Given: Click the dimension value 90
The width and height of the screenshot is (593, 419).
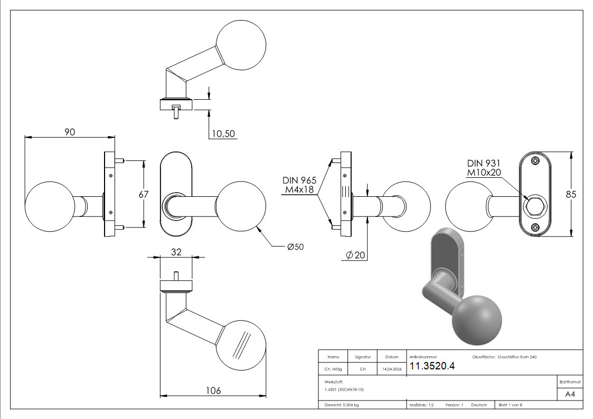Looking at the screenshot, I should [69, 132].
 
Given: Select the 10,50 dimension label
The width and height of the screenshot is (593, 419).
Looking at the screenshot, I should [223, 134].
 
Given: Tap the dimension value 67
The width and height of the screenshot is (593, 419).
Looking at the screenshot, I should [144, 194].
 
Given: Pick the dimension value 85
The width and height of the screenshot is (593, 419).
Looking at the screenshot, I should [571, 194].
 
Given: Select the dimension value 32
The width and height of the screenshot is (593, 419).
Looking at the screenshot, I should [176, 252].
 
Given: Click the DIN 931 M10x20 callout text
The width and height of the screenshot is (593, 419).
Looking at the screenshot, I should [483, 168].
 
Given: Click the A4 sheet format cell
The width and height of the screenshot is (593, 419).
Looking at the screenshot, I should [570, 394].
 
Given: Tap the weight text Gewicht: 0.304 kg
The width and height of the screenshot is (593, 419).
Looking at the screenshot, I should [342, 405].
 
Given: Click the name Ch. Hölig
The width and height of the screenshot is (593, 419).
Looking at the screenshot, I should [334, 369].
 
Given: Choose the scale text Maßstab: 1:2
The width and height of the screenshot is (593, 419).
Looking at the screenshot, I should [421, 405].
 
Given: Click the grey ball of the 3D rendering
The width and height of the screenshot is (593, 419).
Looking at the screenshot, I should [477, 318].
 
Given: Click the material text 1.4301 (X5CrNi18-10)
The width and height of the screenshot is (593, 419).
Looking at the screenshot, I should [344, 389].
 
